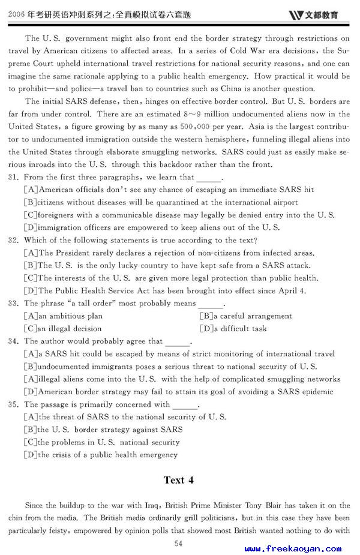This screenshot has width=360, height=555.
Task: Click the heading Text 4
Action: coord(179,480)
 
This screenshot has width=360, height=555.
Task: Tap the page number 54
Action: coord(178,544)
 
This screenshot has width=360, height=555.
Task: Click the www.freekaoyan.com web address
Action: coord(293,548)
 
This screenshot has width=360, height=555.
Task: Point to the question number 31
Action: coord(14,177)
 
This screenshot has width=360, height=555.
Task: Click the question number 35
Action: coord(14,404)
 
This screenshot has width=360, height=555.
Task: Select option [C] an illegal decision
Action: coord(62,329)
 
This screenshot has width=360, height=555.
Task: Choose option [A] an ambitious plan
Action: coord(63,316)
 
